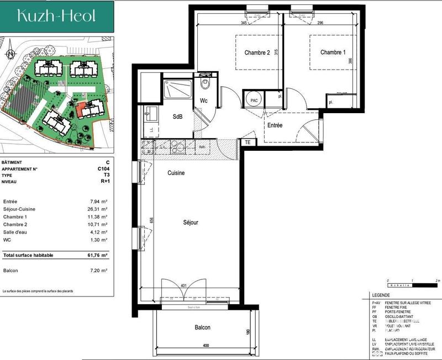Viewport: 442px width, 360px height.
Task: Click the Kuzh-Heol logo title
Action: click(57, 16)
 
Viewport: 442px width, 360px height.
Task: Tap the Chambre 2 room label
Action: click(257, 53)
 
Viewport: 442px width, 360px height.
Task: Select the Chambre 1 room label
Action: click(333, 52)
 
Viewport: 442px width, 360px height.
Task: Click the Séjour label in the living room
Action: click(191, 223)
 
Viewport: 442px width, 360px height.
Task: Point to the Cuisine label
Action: click(176, 173)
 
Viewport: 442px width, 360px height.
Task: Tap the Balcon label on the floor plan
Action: click(202, 327)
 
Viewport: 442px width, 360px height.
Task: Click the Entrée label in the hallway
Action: click(275, 125)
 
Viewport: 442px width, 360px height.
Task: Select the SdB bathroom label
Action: click(177, 117)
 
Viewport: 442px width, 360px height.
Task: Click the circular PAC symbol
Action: click(254, 100)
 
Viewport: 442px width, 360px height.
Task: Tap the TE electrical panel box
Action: click(248, 142)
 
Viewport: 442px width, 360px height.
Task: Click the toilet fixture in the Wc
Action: click(206, 83)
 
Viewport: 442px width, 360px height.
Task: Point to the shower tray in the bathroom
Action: click(178, 89)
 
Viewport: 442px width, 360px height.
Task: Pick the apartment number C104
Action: click(102, 169)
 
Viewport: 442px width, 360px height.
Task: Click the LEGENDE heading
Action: click(381, 296)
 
